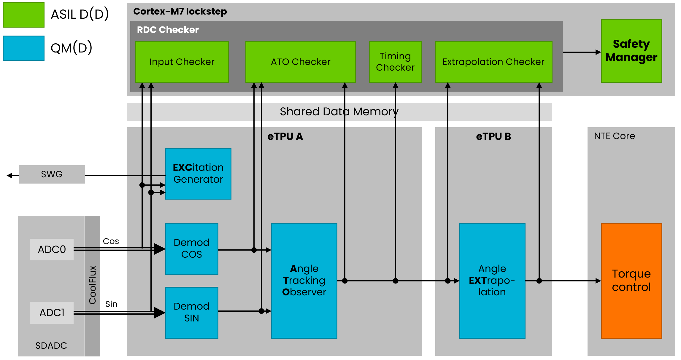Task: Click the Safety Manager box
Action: [631, 51]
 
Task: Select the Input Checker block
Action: [182, 62]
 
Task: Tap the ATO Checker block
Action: [300, 62]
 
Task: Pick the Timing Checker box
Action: [395, 62]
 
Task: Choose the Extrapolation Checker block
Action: [493, 62]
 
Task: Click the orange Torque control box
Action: [631, 280]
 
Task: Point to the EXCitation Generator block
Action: [198, 173]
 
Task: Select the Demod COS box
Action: [191, 249]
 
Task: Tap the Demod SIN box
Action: [191, 312]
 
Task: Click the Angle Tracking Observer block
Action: [304, 280]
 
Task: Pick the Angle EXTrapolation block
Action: [492, 280]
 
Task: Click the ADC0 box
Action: [52, 249]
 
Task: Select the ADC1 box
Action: [52, 313]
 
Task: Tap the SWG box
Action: [52, 174]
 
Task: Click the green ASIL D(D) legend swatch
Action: [23, 15]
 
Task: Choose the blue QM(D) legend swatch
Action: [23, 48]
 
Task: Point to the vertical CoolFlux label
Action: [93, 285]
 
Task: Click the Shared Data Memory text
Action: [339, 111]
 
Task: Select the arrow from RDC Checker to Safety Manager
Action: [582, 52]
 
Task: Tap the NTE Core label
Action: [614, 136]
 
